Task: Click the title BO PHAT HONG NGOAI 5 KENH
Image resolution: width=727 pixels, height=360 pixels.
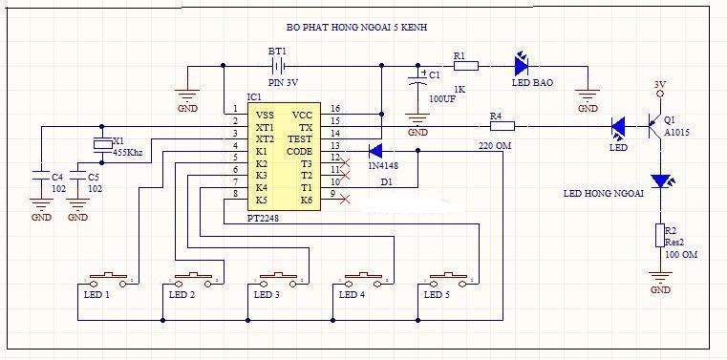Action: [x=357, y=28]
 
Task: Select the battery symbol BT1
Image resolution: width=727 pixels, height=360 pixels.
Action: [x=277, y=67]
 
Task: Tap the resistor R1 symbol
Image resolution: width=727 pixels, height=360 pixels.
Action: [x=466, y=66]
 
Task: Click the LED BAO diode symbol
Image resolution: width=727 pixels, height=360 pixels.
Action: [x=522, y=66]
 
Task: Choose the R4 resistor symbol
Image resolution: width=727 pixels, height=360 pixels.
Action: [x=502, y=126]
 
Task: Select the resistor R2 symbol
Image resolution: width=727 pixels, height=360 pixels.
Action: [x=660, y=235]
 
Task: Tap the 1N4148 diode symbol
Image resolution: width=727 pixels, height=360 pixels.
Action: [x=375, y=151]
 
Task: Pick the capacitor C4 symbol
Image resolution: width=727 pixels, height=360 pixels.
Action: [x=41, y=175]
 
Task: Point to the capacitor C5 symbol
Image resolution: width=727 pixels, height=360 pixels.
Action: [x=77, y=175]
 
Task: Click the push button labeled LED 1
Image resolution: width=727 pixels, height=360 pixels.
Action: [x=108, y=280]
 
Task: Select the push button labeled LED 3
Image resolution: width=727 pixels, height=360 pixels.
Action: [x=278, y=280]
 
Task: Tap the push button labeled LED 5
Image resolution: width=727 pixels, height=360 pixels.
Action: [x=448, y=280]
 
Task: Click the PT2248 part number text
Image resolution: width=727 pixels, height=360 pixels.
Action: [x=263, y=218]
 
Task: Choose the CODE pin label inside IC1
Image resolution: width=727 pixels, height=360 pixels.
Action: [x=300, y=152]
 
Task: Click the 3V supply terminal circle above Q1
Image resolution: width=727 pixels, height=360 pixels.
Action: [x=660, y=94]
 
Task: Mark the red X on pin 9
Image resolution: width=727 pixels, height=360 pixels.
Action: [x=345, y=200]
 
